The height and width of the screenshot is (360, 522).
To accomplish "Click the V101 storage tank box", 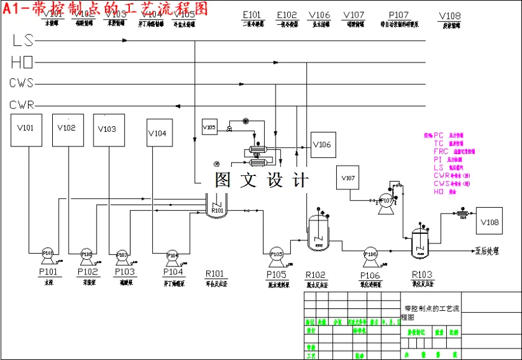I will [x=26, y=131].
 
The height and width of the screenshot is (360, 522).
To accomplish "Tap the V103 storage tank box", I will [x=108, y=131].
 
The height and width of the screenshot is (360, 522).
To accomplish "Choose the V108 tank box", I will [x=490, y=221].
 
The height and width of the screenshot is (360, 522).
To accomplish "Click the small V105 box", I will [x=210, y=127].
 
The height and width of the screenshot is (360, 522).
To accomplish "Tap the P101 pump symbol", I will [x=48, y=254].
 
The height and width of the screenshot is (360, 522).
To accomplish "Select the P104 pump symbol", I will [x=173, y=256].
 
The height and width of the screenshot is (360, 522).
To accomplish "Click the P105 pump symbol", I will [x=277, y=254].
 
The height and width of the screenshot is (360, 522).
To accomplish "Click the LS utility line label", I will [x=22, y=40].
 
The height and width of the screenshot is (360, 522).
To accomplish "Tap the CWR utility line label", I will [x=22, y=104].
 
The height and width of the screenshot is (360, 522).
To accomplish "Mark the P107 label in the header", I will [x=399, y=15].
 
